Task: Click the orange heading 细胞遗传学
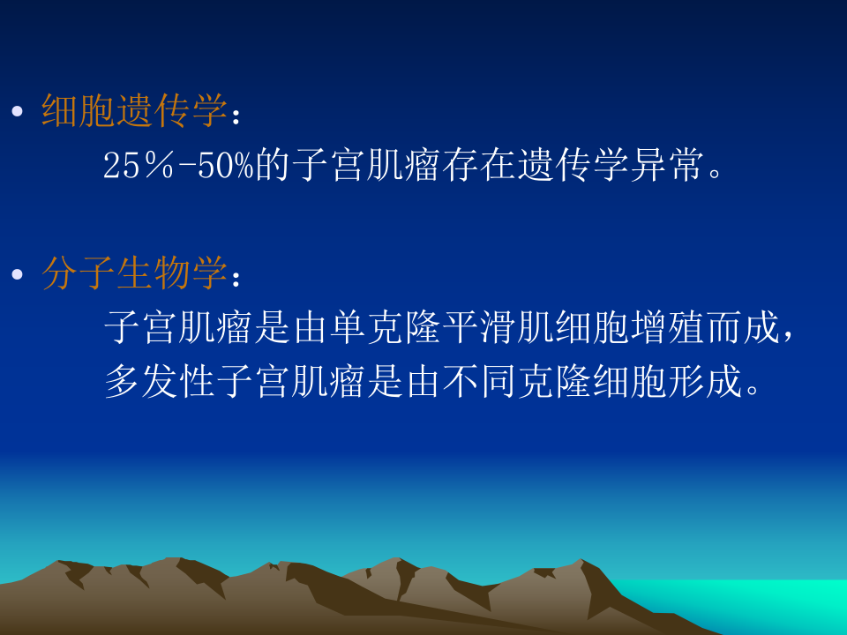click(135, 111)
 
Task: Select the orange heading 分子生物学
click(135, 274)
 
